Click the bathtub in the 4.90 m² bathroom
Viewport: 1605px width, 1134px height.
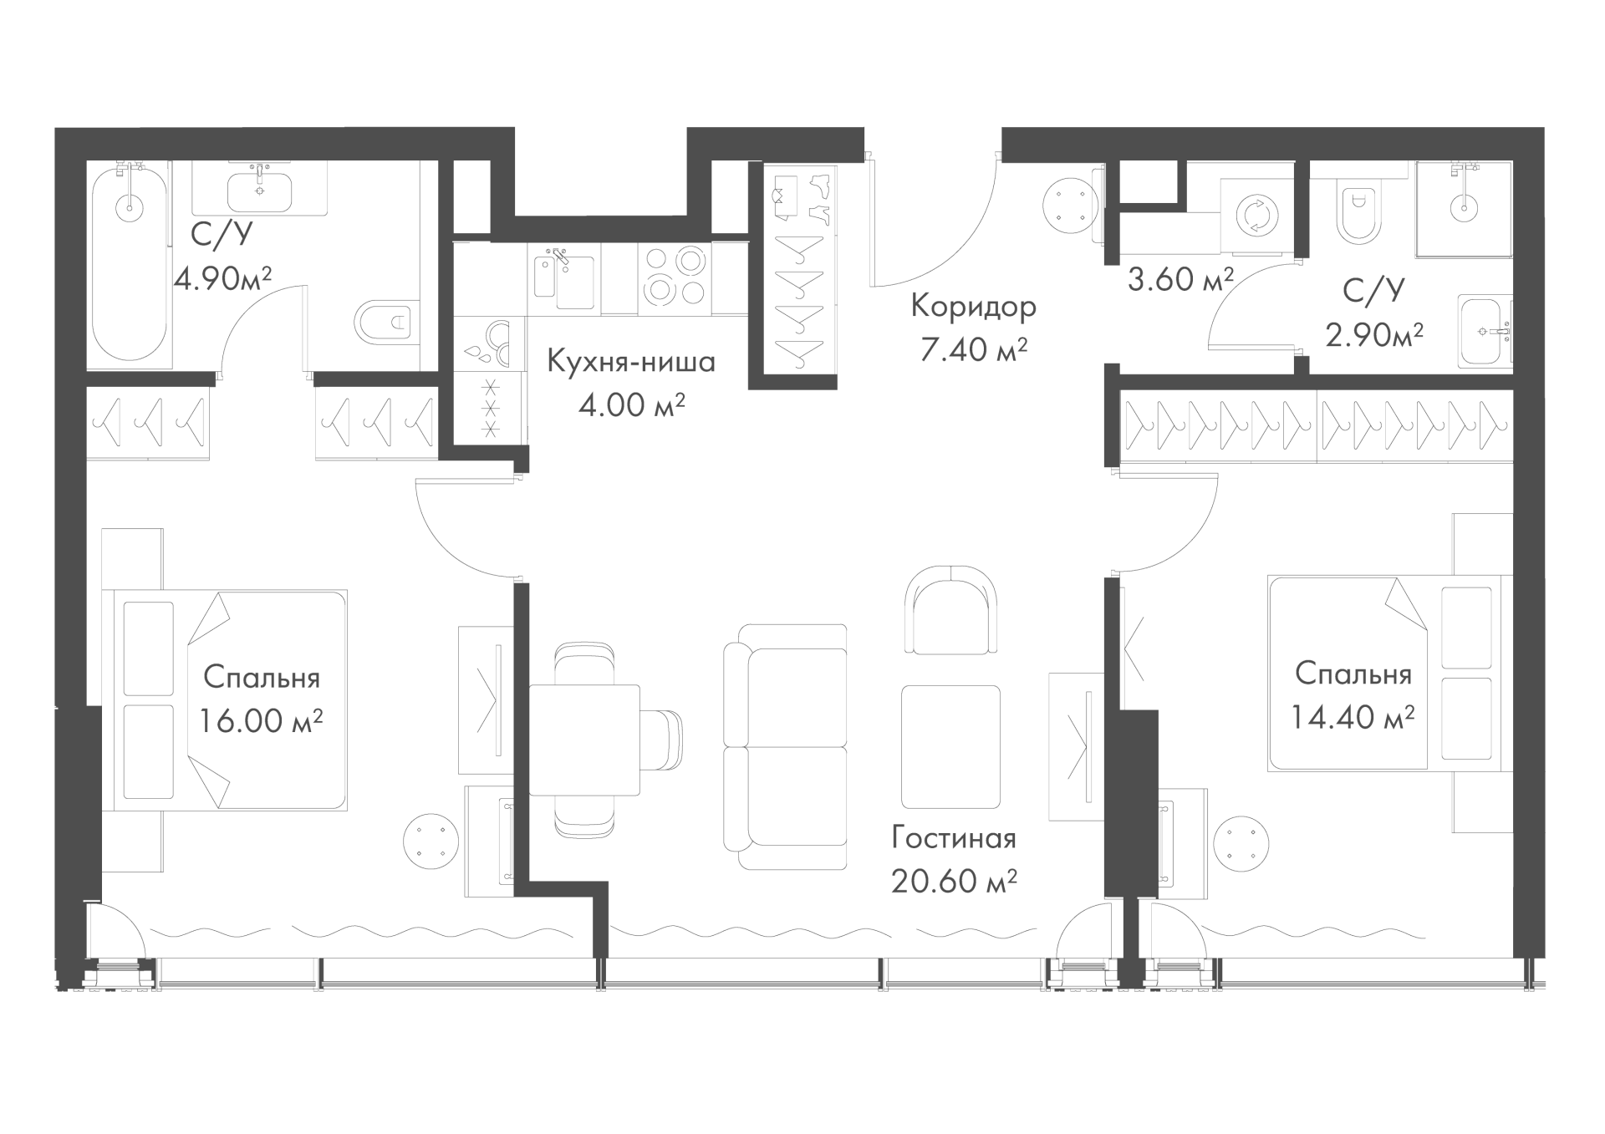pos(130,267)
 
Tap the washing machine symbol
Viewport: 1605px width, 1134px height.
pos(1256,216)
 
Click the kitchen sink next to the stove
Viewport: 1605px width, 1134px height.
pos(563,277)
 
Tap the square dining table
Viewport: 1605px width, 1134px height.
pos(584,740)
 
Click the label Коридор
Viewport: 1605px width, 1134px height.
pos(973,307)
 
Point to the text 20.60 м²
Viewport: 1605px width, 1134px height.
pos(954,880)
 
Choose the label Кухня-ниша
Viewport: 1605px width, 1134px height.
pos(631,362)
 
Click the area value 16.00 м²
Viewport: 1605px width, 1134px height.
pos(261,720)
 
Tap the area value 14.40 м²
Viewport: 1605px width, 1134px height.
pos(1353,716)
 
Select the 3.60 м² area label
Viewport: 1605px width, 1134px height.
pos(1180,278)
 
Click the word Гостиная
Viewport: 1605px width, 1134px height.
pos(954,837)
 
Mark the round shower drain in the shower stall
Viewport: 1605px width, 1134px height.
pos(1465,206)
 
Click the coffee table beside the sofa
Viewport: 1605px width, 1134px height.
pos(951,746)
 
